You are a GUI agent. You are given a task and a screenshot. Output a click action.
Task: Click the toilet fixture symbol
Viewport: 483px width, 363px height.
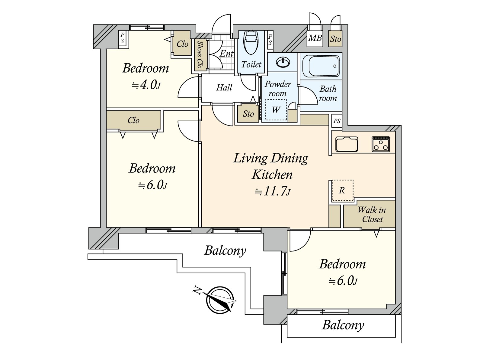(251, 42)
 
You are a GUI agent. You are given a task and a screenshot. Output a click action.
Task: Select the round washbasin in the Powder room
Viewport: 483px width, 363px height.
(283, 63)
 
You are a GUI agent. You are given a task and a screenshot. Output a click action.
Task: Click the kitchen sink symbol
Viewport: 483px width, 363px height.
(347, 144)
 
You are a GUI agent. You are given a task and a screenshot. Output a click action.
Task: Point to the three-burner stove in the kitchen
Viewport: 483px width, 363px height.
(381, 144)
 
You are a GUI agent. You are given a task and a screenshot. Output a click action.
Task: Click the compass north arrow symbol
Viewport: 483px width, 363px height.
(220, 300)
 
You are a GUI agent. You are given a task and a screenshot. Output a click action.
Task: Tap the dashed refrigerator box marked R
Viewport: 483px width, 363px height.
(342, 191)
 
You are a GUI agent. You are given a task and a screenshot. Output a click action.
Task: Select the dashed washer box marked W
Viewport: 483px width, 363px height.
(276, 110)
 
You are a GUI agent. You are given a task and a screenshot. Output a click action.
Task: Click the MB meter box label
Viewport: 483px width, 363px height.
(315, 38)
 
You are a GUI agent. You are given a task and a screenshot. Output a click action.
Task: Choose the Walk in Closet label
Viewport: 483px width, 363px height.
(372, 214)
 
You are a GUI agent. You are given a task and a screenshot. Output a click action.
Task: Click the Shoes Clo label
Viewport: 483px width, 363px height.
(200, 54)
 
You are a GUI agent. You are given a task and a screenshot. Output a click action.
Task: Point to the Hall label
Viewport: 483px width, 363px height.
(224, 88)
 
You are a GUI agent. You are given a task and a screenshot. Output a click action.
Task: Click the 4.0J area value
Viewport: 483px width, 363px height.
(146, 85)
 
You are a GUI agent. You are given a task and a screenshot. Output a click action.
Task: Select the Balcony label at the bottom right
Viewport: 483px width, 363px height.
(343, 325)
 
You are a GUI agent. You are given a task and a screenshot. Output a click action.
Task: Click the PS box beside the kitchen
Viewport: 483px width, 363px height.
(337, 121)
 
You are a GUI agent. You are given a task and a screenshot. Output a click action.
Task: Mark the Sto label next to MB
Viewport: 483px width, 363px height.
(335, 39)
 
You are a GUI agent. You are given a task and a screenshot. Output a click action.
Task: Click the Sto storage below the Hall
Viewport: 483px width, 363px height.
(248, 114)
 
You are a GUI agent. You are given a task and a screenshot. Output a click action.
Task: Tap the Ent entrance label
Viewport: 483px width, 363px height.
(226, 54)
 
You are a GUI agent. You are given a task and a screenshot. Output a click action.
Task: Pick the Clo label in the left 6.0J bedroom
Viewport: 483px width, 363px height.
(133, 120)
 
